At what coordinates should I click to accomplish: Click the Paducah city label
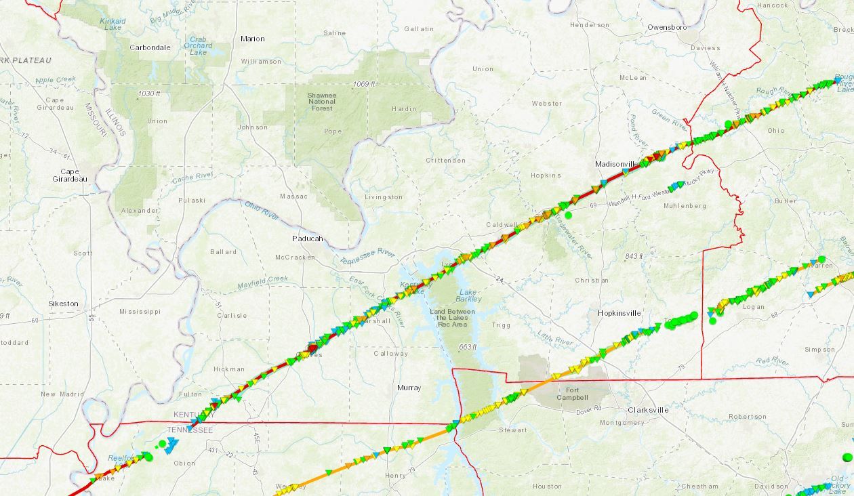307,239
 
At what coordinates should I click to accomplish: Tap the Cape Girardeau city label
70,175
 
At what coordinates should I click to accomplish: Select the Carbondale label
150,47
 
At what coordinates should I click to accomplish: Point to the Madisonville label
617,164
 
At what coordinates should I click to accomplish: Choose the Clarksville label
648,410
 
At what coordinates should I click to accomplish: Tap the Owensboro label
667,27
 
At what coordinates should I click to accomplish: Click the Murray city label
409,388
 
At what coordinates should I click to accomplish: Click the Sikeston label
63,304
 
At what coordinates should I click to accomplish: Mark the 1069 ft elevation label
364,84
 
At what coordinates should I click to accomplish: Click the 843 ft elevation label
634,255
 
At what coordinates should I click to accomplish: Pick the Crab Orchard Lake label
199,45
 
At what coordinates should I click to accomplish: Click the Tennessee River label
367,257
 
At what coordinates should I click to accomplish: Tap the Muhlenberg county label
685,206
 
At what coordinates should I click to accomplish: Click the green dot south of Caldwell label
568,215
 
